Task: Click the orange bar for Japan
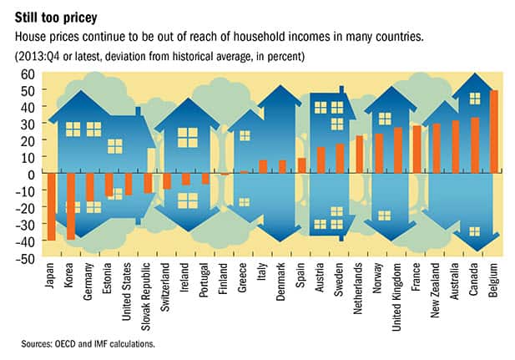coord(52,207)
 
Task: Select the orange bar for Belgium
coord(493,132)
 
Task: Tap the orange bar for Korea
coord(71,206)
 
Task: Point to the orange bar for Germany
coord(90,188)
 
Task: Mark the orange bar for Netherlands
coord(359,155)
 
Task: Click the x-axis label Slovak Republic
coord(148,296)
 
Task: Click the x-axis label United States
coord(129,292)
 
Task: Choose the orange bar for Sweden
coord(340,159)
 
